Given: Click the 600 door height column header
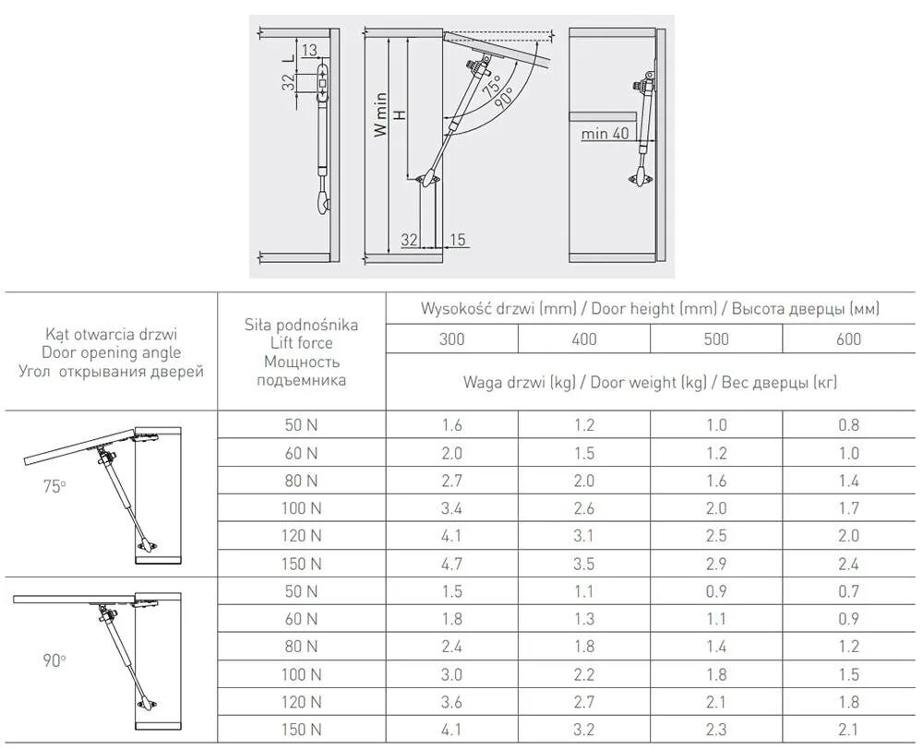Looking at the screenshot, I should [848, 339].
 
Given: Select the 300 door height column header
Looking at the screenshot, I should [451, 339].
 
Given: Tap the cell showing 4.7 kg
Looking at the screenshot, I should [451, 564].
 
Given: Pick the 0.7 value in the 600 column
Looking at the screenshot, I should [848, 591].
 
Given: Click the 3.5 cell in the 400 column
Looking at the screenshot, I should [583, 564].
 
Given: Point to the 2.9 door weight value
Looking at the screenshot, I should [715, 564].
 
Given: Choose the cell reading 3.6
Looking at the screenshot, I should [451, 702].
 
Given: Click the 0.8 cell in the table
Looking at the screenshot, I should [848, 425].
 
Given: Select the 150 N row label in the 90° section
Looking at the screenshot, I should [301, 730].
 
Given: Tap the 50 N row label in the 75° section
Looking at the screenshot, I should [301, 425].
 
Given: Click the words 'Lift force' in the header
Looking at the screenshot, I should [301, 343].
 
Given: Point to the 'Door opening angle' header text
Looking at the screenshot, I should [111, 352].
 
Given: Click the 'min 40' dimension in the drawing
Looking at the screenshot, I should [605, 134].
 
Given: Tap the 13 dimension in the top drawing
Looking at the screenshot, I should [309, 49].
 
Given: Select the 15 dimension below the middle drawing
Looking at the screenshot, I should [457, 240].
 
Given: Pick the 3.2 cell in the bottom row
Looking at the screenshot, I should [583, 730].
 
